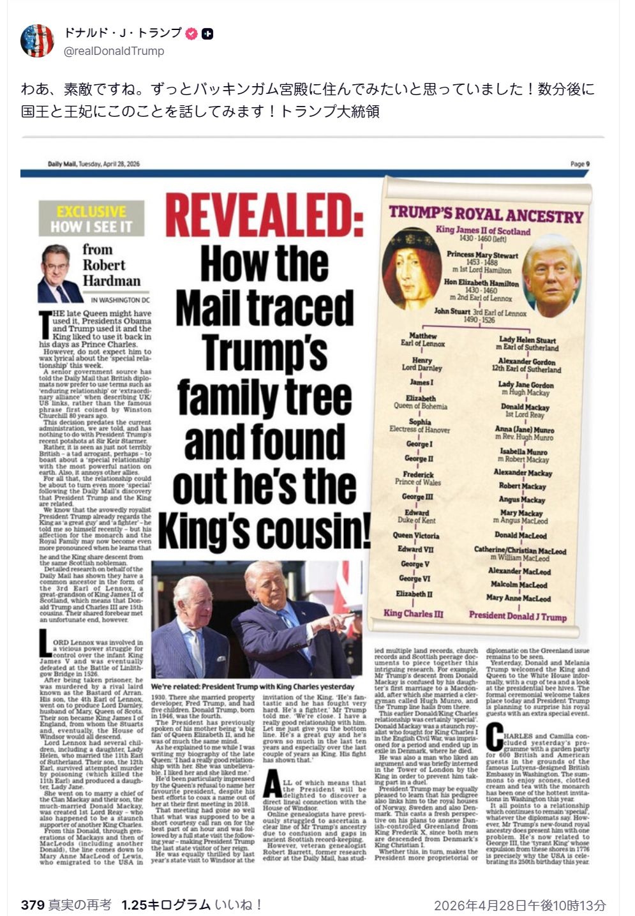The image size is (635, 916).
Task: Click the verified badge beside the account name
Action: (x=191, y=34)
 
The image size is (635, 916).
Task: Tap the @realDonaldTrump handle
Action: (x=114, y=51)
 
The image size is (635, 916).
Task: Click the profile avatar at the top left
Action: (x=37, y=41)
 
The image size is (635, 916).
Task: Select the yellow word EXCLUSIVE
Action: (x=91, y=212)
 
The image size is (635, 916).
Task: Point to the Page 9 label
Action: (x=579, y=164)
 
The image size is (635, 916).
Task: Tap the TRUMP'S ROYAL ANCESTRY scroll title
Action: (x=486, y=214)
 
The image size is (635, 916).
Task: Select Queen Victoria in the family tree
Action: (x=415, y=536)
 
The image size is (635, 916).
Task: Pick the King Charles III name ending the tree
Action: (x=413, y=613)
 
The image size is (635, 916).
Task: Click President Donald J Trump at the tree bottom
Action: (x=518, y=616)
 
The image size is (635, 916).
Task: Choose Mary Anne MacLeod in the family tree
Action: (x=518, y=598)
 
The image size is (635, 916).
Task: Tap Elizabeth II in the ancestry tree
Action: (x=414, y=594)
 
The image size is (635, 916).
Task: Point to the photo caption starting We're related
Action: (x=253, y=686)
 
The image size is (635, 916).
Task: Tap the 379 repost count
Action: (x=31, y=905)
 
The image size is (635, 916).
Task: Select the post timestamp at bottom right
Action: (x=519, y=905)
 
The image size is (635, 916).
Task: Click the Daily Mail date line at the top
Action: (x=93, y=164)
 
